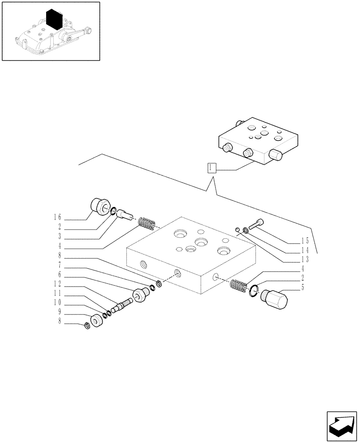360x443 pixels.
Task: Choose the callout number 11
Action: pos(57,294)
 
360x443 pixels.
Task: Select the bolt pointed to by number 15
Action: pos(256,224)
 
